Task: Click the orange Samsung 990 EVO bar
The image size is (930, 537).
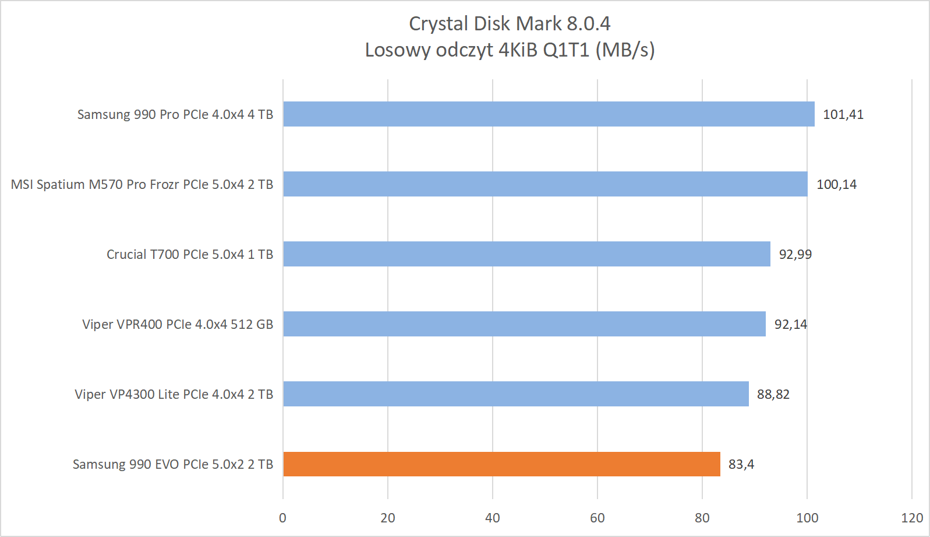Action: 501,464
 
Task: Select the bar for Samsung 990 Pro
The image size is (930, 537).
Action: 549,114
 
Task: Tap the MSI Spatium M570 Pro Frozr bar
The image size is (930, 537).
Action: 545,184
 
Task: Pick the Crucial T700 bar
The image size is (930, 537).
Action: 526,254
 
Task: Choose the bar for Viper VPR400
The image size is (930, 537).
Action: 524,324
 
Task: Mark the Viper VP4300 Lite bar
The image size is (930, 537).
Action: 516,394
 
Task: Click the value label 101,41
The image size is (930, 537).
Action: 843,114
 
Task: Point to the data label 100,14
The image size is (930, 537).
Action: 836,184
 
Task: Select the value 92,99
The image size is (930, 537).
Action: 795,254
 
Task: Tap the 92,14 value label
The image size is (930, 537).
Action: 790,324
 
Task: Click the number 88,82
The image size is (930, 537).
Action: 773,394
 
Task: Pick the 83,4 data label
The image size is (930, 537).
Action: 741,464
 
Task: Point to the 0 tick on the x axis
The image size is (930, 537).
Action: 283,518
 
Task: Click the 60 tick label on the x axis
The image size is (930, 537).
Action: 597,518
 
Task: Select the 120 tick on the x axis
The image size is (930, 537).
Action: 911,518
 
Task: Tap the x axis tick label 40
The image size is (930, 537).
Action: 493,518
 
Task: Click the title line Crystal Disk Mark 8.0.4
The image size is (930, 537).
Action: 510,23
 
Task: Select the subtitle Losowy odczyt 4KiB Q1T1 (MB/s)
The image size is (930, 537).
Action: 510,50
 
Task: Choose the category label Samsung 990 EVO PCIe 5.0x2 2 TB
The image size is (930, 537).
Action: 173,464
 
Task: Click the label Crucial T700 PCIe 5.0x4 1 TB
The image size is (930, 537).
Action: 190,254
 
